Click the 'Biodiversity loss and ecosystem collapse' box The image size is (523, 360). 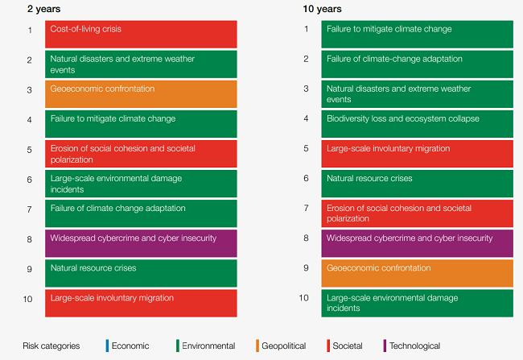pyautogui.click(x=417, y=123)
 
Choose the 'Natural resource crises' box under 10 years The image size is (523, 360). pyautogui.click(x=417, y=183)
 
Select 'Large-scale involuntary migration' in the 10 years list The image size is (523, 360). pyautogui.click(x=417, y=153)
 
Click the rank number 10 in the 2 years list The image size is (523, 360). pyautogui.click(x=28, y=299)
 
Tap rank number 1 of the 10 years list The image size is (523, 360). pyautogui.click(x=305, y=30)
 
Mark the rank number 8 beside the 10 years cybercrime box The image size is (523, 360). pyautogui.click(x=305, y=238)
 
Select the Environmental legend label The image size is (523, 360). pyautogui.click(x=208, y=346)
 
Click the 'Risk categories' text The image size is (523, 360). pyautogui.click(x=52, y=346)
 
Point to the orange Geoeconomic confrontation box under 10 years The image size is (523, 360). pyautogui.click(x=417, y=272)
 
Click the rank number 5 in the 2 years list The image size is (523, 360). pyautogui.click(x=28, y=149)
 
